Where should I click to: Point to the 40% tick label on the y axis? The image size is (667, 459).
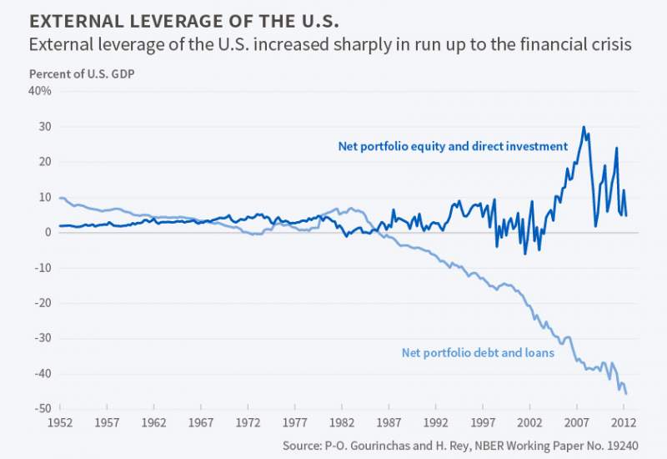(x=40, y=91)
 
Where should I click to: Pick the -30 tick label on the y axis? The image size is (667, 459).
(x=40, y=338)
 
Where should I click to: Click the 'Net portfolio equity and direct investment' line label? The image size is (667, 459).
(x=453, y=146)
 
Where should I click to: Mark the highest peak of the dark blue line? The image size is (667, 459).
(x=584, y=127)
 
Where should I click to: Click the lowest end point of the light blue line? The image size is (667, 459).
(x=626, y=393)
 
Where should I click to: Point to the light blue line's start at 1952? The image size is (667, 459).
(x=60, y=198)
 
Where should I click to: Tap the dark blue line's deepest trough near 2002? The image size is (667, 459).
(x=525, y=254)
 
